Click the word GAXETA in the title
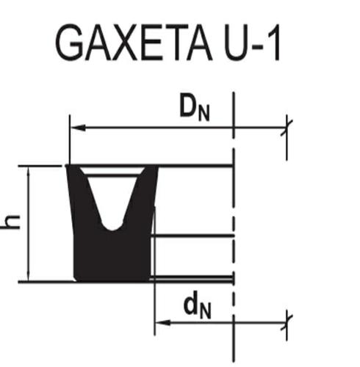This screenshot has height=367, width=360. pos(134,43)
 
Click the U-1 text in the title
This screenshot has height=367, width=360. pos(252,43)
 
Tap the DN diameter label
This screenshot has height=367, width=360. pos(195,107)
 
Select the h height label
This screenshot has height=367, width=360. pos(10,222)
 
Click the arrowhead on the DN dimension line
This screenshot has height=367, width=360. pos(78,128)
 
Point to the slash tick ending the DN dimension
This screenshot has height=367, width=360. pos(287,128)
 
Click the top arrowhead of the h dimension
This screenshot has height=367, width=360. pos(29,172)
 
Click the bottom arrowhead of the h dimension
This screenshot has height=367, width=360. pos(29,276)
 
